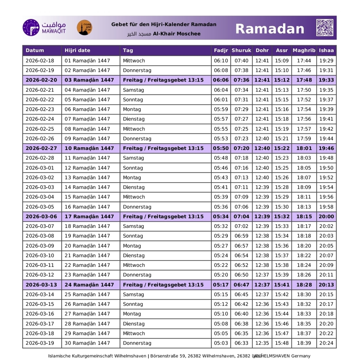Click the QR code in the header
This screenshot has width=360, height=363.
[x=325, y=28]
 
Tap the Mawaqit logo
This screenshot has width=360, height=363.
[x=44, y=28]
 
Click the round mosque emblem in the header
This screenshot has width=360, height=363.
[x=84, y=28]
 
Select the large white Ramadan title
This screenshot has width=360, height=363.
[x=269, y=29]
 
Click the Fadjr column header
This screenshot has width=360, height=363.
[x=221, y=50]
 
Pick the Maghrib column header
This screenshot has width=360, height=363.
[x=304, y=50]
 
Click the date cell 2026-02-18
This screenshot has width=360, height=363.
[x=40, y=61]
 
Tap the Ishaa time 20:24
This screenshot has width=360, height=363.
[x=326, y=343]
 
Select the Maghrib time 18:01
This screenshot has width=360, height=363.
[x=304, y=148]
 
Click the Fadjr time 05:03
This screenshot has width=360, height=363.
[x=221, y=343]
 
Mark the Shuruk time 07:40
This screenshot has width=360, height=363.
[x=241, y=61]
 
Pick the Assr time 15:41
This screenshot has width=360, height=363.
[x=282, y=285]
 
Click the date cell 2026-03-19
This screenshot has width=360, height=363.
[x=40, y=343]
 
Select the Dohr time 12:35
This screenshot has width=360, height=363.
[x=262, y=343]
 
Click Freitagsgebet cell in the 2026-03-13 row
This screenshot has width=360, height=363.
[x=163, y=285]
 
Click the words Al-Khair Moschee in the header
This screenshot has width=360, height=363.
[x=177, y=34]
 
